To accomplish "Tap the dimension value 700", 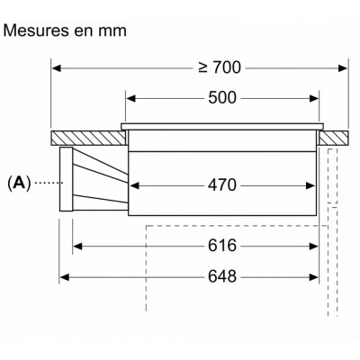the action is (227, 67).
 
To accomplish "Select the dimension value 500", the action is (222, 98).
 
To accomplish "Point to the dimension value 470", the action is (222, 185).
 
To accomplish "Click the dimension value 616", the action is (222, 246).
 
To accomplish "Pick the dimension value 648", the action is (222, 276).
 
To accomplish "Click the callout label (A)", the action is (19, 183).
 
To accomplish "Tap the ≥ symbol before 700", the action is (203, 68).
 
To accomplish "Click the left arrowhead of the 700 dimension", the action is (57, 68).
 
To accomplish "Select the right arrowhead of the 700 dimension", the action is (342, 68).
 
